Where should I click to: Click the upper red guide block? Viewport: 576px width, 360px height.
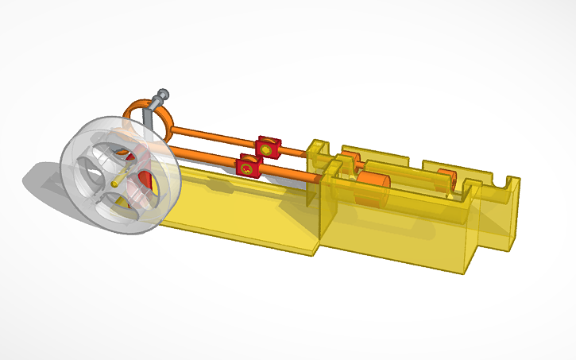coord(268,146)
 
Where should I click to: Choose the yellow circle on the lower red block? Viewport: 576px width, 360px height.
coord(247,168)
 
